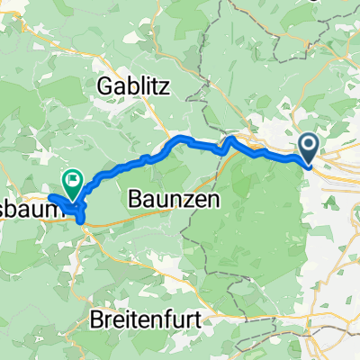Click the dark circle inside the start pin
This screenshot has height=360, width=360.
point(308,143)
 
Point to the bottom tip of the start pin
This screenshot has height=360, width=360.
point(308,166)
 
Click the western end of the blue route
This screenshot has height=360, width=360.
point(52,197)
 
